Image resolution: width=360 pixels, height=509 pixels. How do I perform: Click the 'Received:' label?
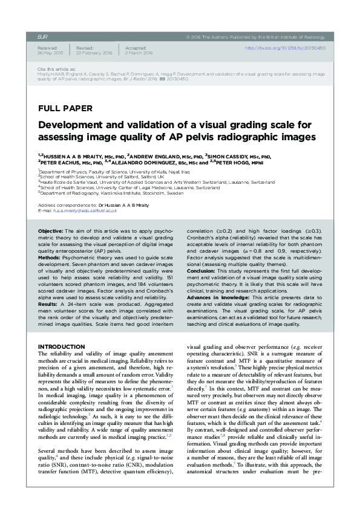coord(47,47)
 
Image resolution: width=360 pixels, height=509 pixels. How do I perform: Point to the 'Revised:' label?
coord(85,47)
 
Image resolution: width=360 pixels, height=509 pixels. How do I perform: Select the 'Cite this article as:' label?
coord(57,70)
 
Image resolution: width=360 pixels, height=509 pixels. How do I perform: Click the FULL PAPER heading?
coord(65,109)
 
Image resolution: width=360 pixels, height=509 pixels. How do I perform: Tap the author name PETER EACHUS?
coord(62,162)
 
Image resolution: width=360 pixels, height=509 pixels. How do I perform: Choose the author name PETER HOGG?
coord(233,162)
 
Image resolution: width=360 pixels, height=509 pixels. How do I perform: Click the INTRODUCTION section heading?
coord(61,346)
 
